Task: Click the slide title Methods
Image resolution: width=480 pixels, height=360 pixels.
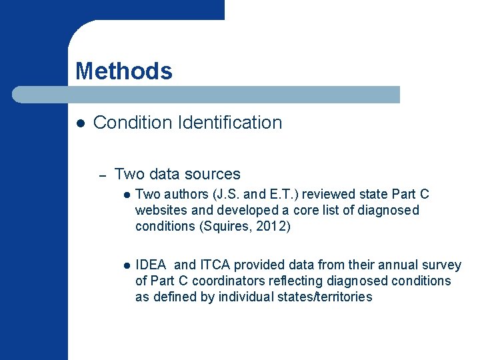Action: pos(123,71)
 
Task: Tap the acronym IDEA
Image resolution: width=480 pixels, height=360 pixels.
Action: pos(151,265)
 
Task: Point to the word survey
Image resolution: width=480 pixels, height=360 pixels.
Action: pos(442,265)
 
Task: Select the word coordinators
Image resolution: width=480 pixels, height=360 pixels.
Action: pos(217,281)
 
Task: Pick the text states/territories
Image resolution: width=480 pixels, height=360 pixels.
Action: pos(321,297)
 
